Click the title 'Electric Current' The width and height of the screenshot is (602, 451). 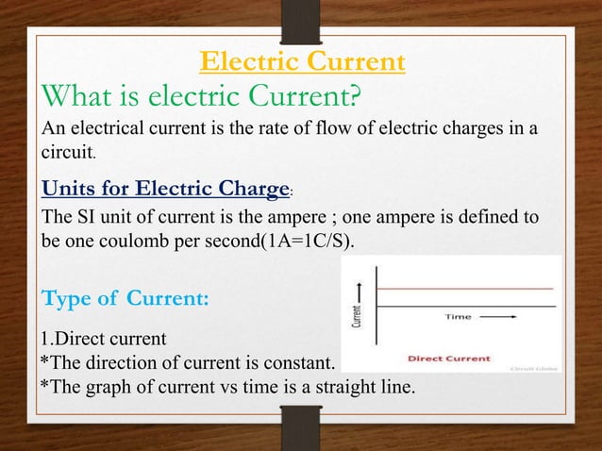(303, 62)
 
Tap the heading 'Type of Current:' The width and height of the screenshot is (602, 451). (125, 300)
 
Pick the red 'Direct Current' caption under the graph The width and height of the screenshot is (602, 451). (448, 359)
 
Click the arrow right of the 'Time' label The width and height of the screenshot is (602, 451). (505, 318)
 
